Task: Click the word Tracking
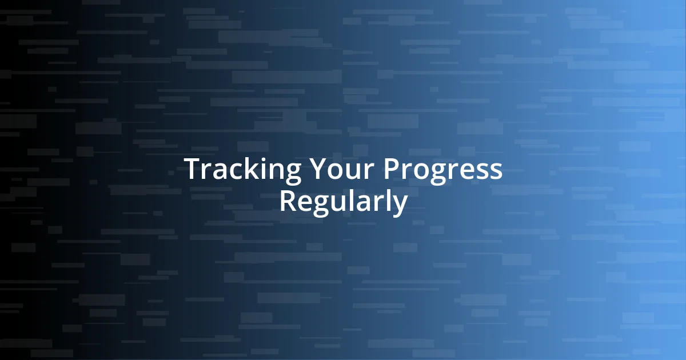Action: click(x=243, y=170)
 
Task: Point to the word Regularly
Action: click(x=343, y=202)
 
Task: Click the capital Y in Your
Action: click(x=318, y=170)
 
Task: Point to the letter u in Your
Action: click(x=354, y=171)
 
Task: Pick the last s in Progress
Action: click(x=495, y=171)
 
